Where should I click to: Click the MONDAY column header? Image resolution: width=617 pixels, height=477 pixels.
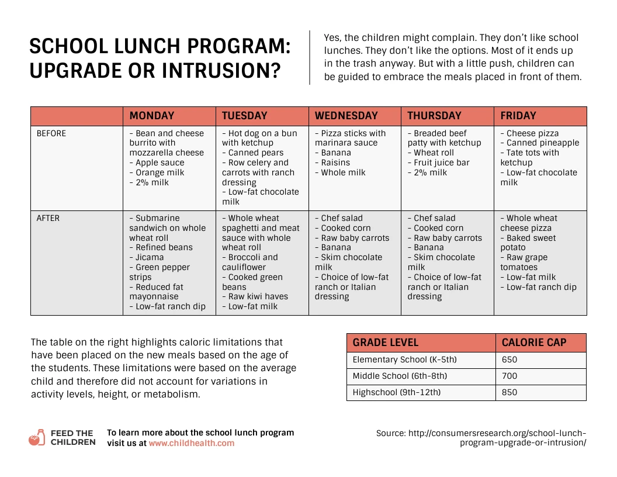pos(151,116)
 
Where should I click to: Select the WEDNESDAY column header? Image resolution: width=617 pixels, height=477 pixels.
pos(346,116)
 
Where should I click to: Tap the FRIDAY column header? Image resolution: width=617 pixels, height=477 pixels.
pos(518,116)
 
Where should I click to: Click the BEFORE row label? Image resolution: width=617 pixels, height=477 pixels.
pos(51,133)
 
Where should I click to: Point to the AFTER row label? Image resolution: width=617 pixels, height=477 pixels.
pos(48,218)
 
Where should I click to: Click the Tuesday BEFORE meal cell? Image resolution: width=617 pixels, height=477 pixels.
pos(262,167)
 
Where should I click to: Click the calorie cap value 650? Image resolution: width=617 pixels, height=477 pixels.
pos(509,360)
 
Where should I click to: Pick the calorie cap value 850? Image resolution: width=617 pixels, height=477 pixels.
pos(509,393)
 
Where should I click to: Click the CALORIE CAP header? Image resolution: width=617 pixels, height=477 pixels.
pos(534,343)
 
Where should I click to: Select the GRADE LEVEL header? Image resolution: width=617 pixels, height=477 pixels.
pos(386,343)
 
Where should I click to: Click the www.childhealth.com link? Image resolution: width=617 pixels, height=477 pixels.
pos(191,444)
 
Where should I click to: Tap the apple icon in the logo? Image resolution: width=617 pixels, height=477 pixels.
pos(36,438)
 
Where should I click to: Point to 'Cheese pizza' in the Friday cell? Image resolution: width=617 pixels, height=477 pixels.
pos(532,133)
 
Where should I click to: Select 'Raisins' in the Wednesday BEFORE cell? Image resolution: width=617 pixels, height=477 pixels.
pos(335,163)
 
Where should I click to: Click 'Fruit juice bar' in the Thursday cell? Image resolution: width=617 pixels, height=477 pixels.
pos(441,163)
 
